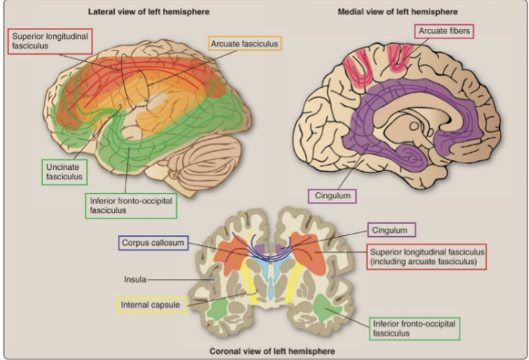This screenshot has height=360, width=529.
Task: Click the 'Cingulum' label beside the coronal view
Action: pyautogui.click(x=394, y=229)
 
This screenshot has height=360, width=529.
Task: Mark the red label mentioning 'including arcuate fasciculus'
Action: pyautogui.click(x=425, y=256)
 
